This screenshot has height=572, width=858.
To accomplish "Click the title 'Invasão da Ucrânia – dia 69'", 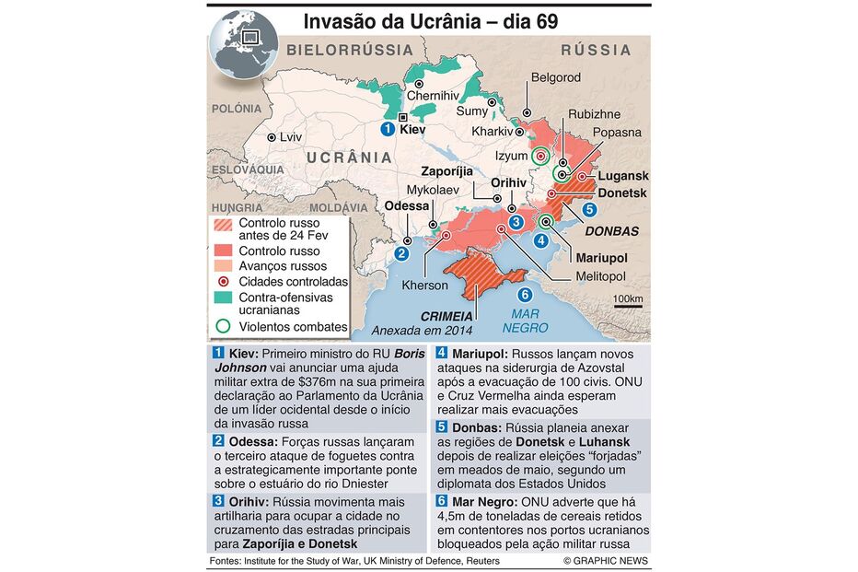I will click(430, 20).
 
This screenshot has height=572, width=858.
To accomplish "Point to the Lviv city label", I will click(291, 137).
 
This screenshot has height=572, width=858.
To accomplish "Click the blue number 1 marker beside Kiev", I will click(388, 130).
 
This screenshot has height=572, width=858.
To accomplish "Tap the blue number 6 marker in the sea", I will click(525, 295).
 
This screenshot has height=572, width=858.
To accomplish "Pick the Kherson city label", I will click(424, 285).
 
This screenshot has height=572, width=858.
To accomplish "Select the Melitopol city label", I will click(599, 276).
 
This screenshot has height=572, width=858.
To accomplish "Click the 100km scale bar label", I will click(628, 299).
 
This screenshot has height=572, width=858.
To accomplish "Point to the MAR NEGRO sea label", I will click(525, 320).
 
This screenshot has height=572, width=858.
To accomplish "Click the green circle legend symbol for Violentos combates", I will click(222, 326).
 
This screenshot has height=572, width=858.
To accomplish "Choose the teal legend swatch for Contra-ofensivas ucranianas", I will click(222, 298).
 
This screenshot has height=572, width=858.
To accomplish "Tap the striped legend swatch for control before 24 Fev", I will click(222, 224).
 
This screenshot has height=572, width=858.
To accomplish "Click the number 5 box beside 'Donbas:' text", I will click(441, 427).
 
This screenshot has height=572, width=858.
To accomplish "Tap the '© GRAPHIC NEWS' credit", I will click(606, 561).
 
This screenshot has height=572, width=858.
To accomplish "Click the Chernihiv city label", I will click(432, 95).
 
